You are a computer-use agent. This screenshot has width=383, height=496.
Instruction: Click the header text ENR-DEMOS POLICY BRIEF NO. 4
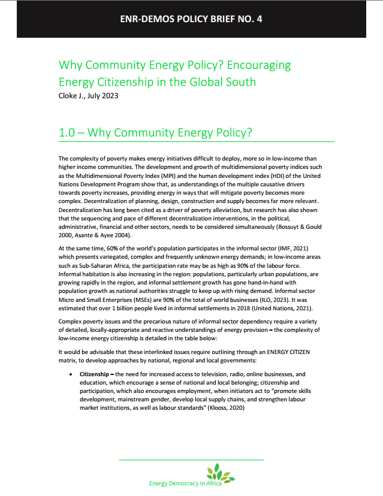(191, 19)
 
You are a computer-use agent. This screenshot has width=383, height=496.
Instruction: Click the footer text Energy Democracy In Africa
(185, 483)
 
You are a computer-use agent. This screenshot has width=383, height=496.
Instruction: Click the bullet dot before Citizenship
(71, 373)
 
